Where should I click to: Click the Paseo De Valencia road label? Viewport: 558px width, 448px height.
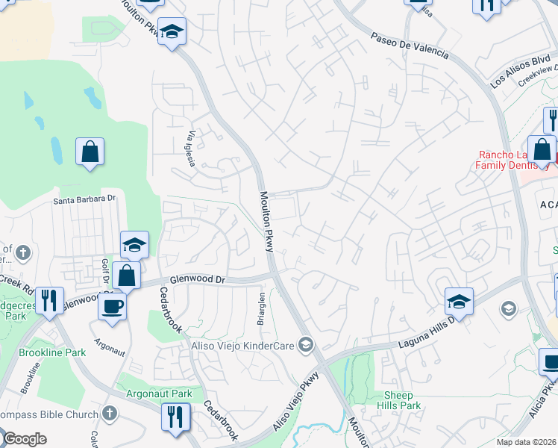point(410,45)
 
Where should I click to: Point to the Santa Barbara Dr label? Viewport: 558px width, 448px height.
point(84,199)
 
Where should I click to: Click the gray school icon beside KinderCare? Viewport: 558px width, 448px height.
point(304,344)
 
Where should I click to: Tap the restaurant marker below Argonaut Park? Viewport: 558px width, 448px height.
point(175,417)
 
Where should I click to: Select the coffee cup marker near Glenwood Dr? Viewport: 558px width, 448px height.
point(113,306)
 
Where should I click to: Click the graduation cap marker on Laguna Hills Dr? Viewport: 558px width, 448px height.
point(459,301)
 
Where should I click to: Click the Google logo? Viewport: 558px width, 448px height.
point(25,439)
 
